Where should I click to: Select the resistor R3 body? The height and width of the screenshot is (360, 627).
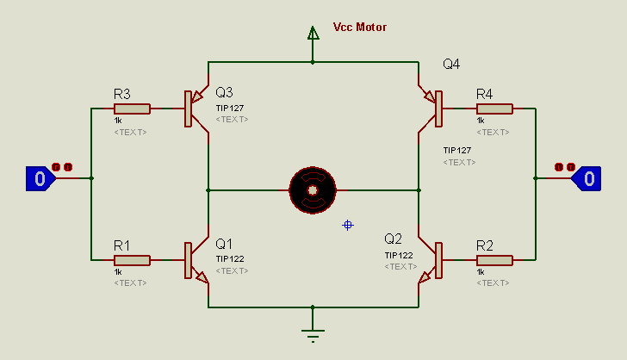[x=132, y=109]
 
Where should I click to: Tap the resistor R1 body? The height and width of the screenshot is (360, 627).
[x=132, y=260]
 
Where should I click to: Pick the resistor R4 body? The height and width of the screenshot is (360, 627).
[x=494, y=109]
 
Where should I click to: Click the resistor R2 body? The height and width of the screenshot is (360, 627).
[x=494, y=260]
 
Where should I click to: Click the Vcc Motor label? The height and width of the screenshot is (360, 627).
[x=359, y=28]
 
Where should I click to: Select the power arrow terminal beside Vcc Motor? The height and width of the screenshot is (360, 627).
[x=312, y=34]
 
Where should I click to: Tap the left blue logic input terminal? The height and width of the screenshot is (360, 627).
[x=40, y=178]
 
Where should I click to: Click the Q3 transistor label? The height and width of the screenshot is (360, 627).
[x=224, y=92]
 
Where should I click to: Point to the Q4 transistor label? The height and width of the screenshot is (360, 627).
[x=451, y=64]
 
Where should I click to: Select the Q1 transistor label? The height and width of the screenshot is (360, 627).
[x=224, y=244]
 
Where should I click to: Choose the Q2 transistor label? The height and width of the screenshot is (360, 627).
[x=394, y=239]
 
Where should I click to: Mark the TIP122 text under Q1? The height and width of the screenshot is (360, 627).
[x=230, y=258]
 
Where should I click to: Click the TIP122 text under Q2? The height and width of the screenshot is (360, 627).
[x=399, y=255]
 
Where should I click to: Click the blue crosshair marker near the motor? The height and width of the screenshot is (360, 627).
[x=348, y=225]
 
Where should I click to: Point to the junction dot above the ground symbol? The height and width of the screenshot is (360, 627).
[x=312, y=307]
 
